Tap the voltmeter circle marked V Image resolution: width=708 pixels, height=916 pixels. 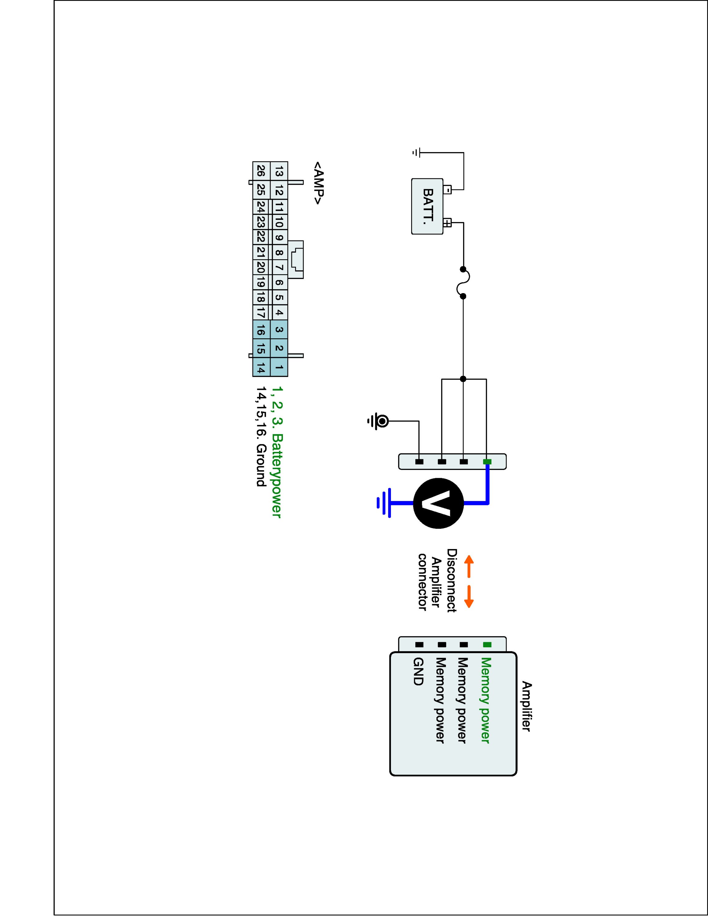point(438,503)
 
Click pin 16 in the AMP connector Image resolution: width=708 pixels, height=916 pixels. point(261,330)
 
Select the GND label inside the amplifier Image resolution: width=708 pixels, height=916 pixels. point(418,671)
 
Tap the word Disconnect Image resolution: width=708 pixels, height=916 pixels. point(451,580)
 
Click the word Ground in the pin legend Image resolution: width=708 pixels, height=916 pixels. point(261,466)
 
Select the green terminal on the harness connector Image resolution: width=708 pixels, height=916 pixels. point(487,462)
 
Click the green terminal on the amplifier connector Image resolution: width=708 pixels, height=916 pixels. point(487,645)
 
